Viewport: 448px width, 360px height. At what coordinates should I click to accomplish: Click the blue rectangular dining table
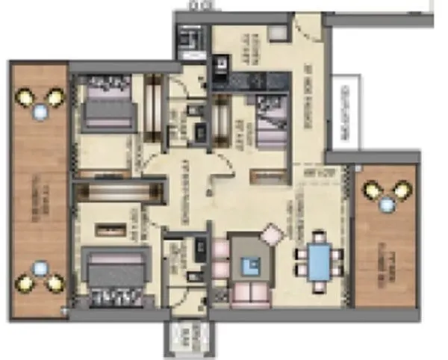319,262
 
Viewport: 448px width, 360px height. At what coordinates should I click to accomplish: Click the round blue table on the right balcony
387,203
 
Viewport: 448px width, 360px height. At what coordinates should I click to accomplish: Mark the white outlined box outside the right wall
346,112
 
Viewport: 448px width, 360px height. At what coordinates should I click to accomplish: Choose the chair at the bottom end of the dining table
319,287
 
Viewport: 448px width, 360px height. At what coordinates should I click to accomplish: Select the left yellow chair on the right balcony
372,190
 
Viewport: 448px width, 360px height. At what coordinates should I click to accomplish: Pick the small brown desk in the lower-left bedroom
105,226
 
